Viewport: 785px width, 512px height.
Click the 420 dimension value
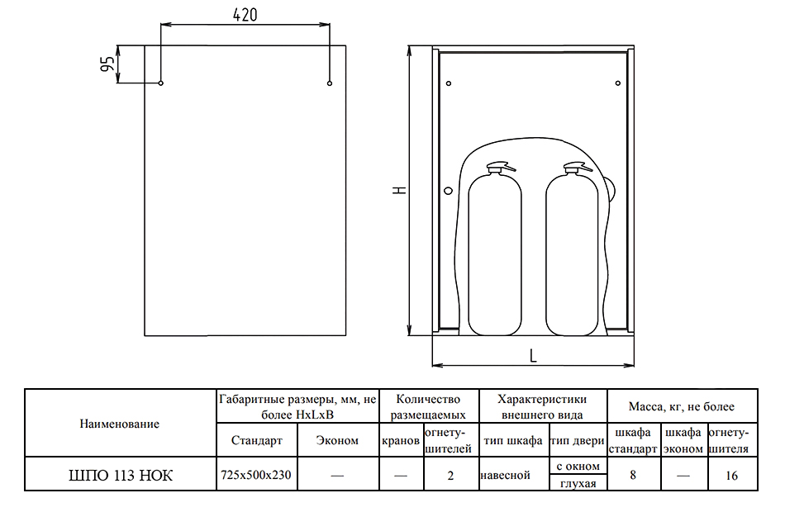coord(245,15)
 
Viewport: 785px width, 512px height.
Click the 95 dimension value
coord(107,64)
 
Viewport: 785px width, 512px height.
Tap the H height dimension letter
coord(399,190)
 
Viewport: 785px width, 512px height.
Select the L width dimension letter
coord(533,356)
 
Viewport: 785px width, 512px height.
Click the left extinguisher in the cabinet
coord(495,249)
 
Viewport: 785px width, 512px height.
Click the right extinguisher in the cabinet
coord(572,249)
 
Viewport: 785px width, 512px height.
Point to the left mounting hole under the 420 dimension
coord(160,83)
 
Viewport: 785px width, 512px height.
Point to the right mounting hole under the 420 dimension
coord(330,83)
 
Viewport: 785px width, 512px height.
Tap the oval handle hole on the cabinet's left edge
coord(448,191)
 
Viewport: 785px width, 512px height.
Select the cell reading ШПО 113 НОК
coord(120,475)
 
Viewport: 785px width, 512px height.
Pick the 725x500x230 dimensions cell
coord(256,475)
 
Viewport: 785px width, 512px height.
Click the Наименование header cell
coord(120,424)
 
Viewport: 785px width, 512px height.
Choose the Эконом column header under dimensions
coord(337,440)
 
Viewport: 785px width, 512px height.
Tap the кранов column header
coord(401,440)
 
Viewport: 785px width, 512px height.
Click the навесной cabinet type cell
coord(505,475)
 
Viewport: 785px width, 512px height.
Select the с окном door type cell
coord(578,466)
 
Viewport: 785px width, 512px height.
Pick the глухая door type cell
coord(578,483)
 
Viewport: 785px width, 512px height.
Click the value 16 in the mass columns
coord(731,476)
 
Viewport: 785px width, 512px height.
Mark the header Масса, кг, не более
coord(682,406)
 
